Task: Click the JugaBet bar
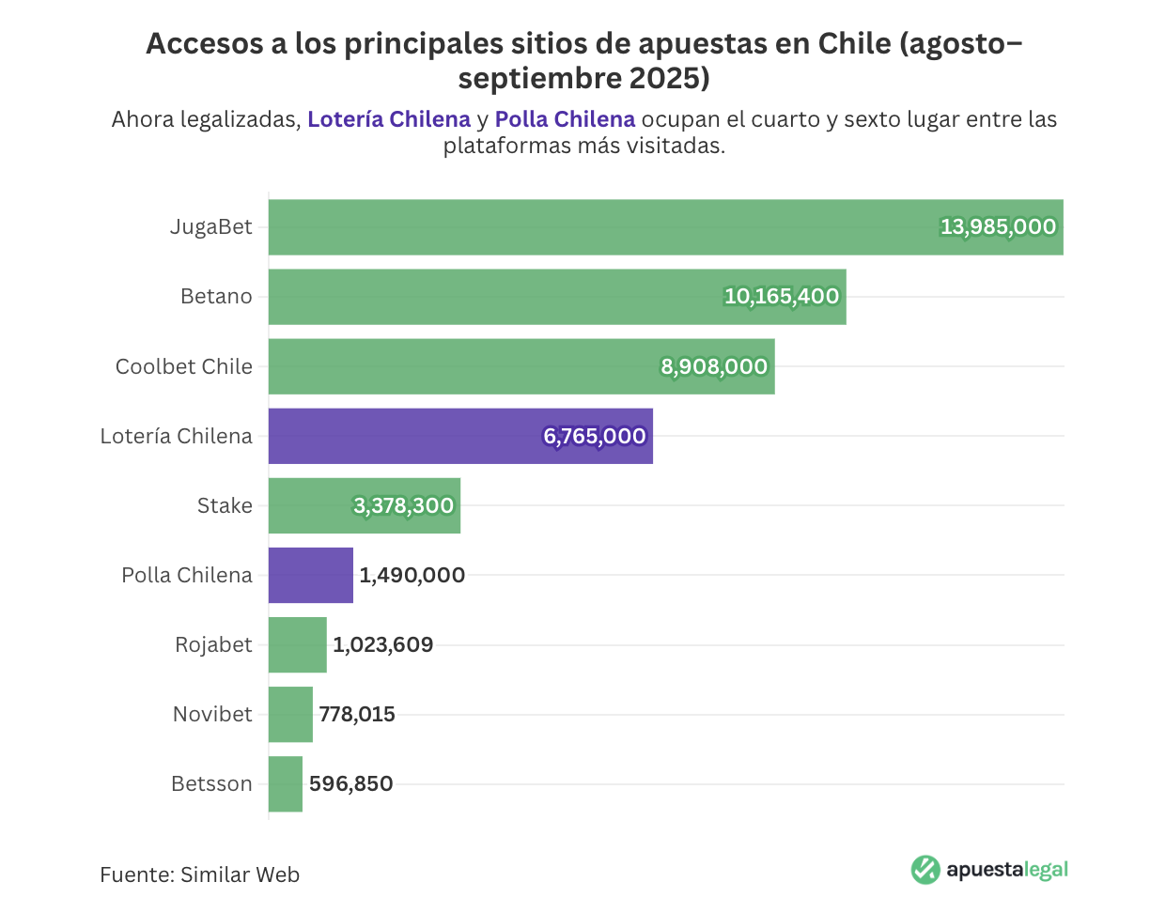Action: [601, 227]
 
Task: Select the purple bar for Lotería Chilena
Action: [404, 436]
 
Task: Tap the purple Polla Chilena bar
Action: [310, 575]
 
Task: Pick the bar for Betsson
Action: [286, 783]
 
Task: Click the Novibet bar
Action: [290, 714]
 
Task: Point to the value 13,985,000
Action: [998, 227]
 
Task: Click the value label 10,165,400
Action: [781, 297]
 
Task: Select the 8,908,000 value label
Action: [714, 366]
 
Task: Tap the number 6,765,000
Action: [595, 436]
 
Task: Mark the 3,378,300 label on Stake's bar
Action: [404, 505]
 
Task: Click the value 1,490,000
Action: [412, 575]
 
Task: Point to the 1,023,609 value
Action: [382, 644]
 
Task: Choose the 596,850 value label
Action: [350, 783]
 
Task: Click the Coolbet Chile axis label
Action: [184, 366]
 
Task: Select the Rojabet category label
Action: [213, 644]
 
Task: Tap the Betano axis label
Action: [216, 297]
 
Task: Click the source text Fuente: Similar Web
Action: [199, 874]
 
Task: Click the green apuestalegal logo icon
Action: [925, 870]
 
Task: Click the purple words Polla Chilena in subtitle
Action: [565, 120]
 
